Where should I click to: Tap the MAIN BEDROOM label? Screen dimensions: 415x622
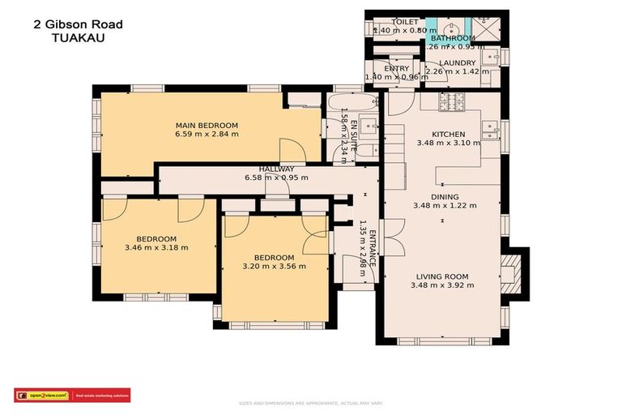(207, 125)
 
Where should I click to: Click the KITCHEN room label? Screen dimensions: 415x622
(448, 134)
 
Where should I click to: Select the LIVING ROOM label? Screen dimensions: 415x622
(442, 276)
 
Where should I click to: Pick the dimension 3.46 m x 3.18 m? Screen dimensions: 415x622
(156, 248)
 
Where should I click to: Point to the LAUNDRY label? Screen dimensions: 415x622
(458, 62)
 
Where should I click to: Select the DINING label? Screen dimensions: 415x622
(444, 197)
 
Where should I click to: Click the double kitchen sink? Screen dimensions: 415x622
(489, 130)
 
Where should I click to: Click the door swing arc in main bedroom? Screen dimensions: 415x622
(290, 149)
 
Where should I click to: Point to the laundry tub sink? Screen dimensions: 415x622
(490, 58)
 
